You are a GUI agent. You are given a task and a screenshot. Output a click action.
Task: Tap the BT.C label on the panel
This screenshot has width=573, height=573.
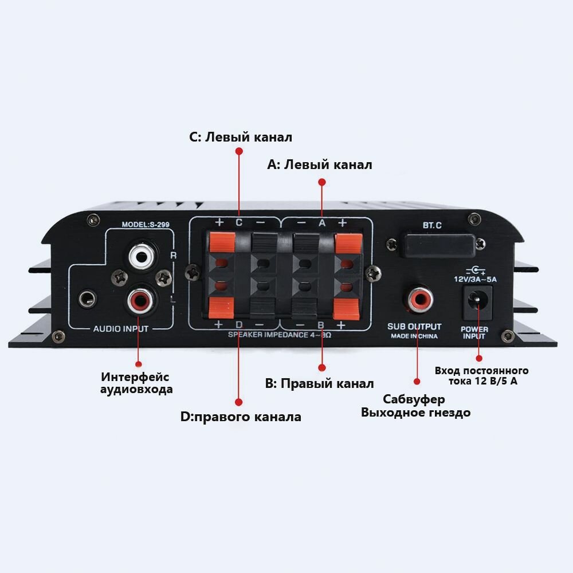click(432, 225)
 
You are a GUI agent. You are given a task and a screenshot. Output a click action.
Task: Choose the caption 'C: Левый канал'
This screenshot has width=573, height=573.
click(241, 138)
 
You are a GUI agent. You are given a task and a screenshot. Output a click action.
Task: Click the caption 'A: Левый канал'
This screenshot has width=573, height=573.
click(320, 165)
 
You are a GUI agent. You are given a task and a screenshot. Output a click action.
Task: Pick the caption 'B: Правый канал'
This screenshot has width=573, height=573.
click(319, 383)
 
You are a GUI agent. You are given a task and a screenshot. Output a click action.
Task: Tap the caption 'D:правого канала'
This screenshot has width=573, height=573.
click(241, 417)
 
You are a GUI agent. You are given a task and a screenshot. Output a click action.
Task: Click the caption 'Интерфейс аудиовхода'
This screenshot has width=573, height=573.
click(137, 383)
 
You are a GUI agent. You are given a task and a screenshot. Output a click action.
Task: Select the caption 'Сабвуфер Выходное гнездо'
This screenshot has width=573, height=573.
click(415, 406)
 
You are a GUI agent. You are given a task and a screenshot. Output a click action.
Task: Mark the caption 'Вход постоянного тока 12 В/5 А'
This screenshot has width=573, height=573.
click(481, 376)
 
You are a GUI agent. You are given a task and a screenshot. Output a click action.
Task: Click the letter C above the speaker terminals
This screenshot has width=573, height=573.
click(239, 222)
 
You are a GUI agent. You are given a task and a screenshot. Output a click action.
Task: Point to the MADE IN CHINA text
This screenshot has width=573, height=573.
click(414, 336)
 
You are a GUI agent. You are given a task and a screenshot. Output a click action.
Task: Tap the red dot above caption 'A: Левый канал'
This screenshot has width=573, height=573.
click(321, 182)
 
